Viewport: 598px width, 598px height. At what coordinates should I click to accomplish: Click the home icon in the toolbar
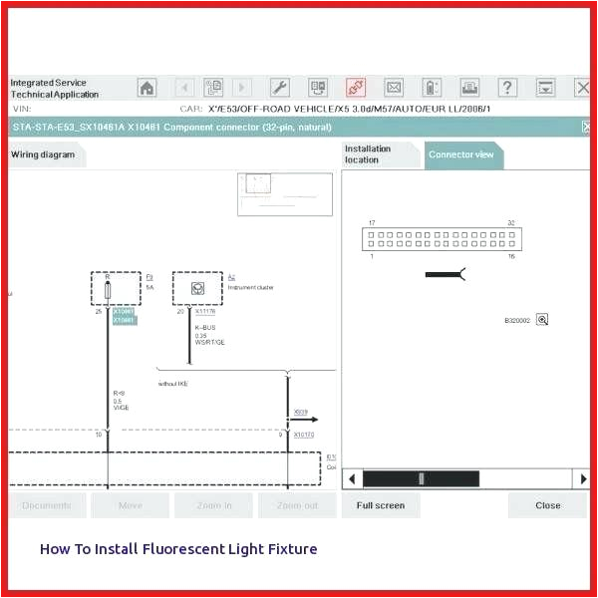tap(147, 88)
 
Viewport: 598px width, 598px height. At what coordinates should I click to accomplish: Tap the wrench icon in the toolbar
tap(280, 88)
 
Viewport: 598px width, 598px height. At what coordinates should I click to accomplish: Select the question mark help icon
tap(507, 88)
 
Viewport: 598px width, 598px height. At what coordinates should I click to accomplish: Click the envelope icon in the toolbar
tap(394, 88)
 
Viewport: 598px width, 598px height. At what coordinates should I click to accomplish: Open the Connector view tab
tap(460, 154)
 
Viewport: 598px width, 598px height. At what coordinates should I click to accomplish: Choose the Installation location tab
tap(379, 154)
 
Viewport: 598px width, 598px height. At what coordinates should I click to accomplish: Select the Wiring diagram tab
tap(44, 154)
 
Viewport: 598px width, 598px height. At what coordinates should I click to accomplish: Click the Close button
tap(547, 505)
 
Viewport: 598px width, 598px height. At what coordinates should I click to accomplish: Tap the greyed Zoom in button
tap(213, 505)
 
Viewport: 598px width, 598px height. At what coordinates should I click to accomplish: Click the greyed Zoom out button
tap(297, 505)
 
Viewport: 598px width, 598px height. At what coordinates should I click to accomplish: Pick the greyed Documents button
tap(47, 505)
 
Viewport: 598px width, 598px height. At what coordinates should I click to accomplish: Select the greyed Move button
tap(130, 505)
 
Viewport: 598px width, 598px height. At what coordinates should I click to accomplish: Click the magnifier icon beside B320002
tap(542, 320)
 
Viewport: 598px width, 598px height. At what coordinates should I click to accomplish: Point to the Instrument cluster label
tap(250, 287)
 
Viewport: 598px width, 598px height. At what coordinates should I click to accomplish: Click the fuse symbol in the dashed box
tap(108, 290)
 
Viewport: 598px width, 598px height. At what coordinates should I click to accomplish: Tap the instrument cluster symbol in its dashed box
tap(197, 288)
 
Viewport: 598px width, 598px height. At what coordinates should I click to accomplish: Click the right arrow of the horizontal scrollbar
tap(583, 479)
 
